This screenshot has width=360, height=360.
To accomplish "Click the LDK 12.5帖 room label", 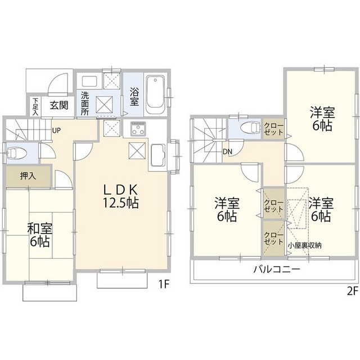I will click(120, 196).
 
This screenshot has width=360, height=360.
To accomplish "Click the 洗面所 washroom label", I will click(84, 103).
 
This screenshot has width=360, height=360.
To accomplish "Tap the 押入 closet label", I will click(28, 176).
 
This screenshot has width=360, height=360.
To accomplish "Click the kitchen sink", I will click(157, 152).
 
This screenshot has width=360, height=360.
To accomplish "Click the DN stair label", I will click(229, 151).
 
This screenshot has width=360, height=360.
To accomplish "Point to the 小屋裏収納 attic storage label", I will click(305, 245).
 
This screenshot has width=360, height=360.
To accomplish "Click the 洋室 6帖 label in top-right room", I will click(321, 119).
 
